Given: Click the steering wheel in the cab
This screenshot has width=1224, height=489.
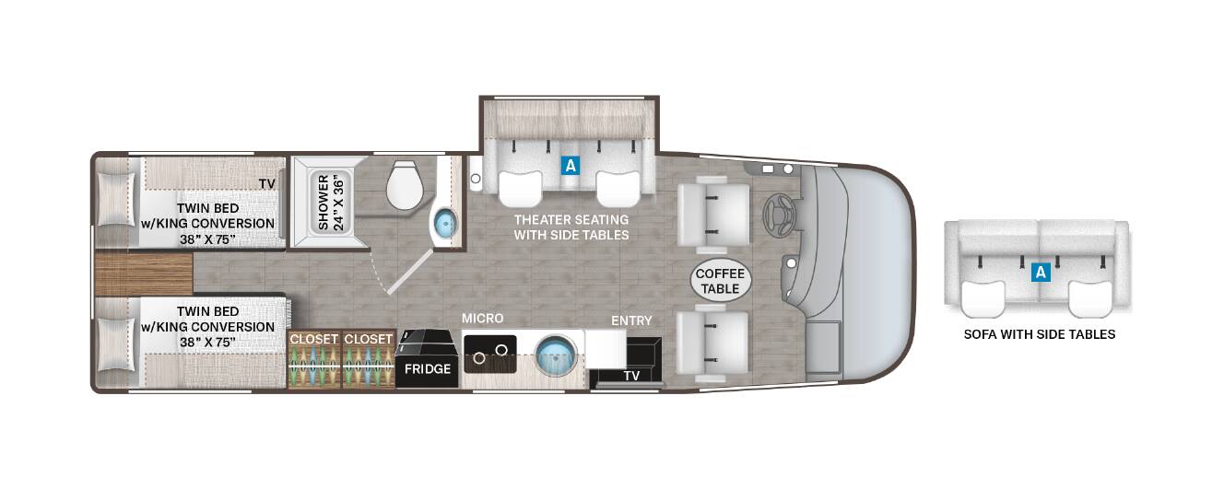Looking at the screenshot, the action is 780,215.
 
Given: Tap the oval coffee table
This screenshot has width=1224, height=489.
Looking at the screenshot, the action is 720,281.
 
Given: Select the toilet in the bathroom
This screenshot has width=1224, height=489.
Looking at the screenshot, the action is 405,185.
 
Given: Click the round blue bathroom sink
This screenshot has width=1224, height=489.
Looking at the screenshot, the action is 445,223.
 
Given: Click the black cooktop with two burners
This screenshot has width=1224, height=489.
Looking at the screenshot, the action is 490,354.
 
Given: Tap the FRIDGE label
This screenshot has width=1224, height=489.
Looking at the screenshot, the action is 428,369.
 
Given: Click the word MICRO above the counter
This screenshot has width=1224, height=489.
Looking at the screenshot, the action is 482,319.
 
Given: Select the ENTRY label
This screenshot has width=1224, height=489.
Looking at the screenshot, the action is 631,320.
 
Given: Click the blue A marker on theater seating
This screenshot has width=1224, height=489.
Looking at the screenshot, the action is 571,166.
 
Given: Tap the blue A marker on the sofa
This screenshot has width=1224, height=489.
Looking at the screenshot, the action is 1041,272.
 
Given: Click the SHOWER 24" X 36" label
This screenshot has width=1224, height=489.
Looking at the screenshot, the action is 331,203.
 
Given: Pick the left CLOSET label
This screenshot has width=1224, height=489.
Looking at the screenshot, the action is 314,339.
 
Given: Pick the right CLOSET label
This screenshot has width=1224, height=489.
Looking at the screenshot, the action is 369,339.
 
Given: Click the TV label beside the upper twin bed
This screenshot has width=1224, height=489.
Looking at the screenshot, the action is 267,184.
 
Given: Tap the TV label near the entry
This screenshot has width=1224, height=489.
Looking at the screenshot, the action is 631,376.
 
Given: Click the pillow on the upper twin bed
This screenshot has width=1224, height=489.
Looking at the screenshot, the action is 115,199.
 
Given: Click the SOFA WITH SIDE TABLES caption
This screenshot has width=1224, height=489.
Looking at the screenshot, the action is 1040,334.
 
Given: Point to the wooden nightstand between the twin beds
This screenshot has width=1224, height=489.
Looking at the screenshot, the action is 144,274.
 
